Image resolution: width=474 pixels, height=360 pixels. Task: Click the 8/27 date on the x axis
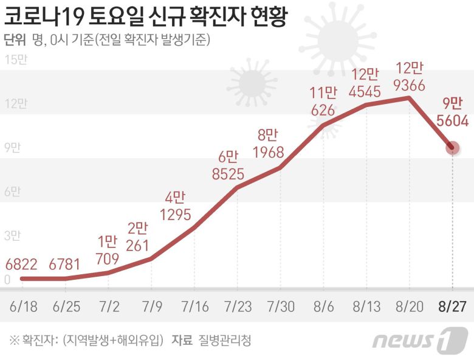[x=452, y=305]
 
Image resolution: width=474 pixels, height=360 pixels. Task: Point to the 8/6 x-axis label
[x=323, y=305]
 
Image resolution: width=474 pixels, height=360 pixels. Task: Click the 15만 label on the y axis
[x=15, y=60]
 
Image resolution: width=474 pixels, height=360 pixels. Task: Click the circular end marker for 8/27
[x=452, y=147]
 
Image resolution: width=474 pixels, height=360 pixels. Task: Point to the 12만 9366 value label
[x=409, y=76]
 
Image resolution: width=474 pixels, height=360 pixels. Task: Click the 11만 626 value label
[x=323, y=102]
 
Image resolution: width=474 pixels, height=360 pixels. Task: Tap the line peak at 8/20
[x=409, y=97]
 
